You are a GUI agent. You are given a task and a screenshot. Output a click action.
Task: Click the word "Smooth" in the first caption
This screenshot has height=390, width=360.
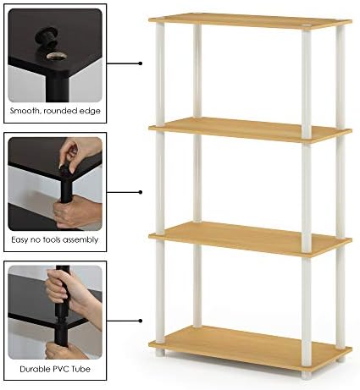click(24, 111)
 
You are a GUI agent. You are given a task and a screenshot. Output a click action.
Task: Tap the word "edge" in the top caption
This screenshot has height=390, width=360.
click(90, 111)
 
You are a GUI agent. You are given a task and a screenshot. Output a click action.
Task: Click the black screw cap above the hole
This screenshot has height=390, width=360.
click(47, 37)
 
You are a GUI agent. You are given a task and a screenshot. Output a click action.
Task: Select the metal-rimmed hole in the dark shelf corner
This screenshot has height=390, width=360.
click(57, 56)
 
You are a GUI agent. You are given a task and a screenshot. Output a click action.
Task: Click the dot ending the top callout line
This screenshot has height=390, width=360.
click(141, 63)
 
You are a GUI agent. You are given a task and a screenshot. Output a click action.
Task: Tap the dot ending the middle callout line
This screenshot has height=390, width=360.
click(141, 192)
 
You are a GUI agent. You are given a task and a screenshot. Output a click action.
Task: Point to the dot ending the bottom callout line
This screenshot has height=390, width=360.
click(141, 321)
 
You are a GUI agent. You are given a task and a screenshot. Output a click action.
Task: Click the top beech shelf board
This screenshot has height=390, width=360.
click(250, 21)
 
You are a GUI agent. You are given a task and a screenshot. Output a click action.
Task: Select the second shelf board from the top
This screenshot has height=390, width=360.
click(250, 129)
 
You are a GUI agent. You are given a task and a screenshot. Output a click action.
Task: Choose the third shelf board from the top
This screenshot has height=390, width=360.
click(250, 239)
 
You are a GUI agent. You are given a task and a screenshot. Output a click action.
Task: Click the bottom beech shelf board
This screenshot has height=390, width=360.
click(250, 348)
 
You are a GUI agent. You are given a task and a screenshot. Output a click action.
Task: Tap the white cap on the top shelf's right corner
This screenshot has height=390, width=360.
click(306, 26)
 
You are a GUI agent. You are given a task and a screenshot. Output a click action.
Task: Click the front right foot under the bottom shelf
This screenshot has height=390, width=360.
click(306, 374)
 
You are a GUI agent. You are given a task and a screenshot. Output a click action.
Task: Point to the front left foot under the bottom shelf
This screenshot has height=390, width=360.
click(160, 352)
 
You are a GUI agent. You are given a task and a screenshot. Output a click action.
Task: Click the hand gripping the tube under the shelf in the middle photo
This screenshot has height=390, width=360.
click(76, 211)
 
